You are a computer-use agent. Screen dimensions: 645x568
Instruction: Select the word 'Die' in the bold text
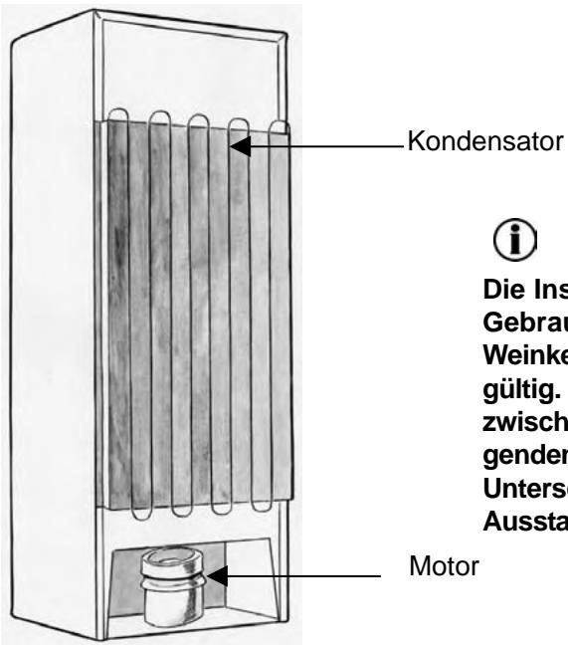[497, 295]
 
